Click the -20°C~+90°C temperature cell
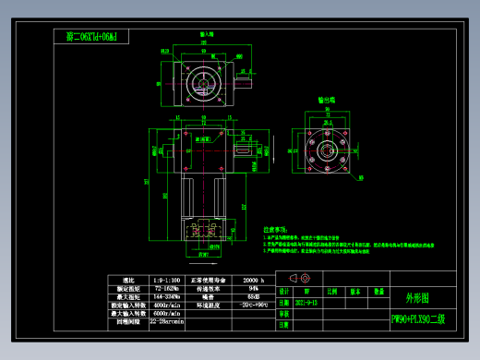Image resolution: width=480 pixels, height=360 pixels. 254,304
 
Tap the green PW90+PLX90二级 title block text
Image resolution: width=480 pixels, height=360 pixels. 418,319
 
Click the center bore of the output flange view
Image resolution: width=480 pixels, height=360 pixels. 326,146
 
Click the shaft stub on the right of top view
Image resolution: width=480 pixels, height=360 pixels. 245,81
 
